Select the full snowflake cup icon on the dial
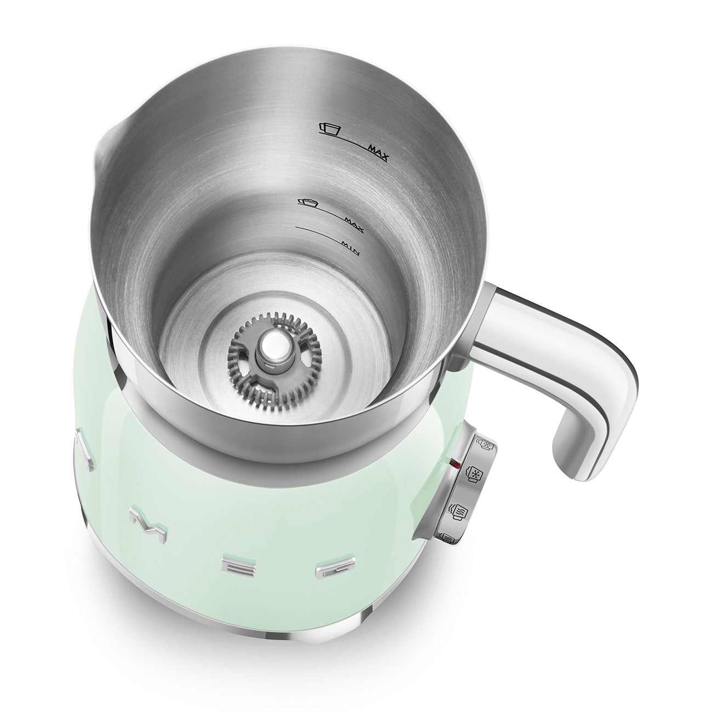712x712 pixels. click(x=472, y=473)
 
